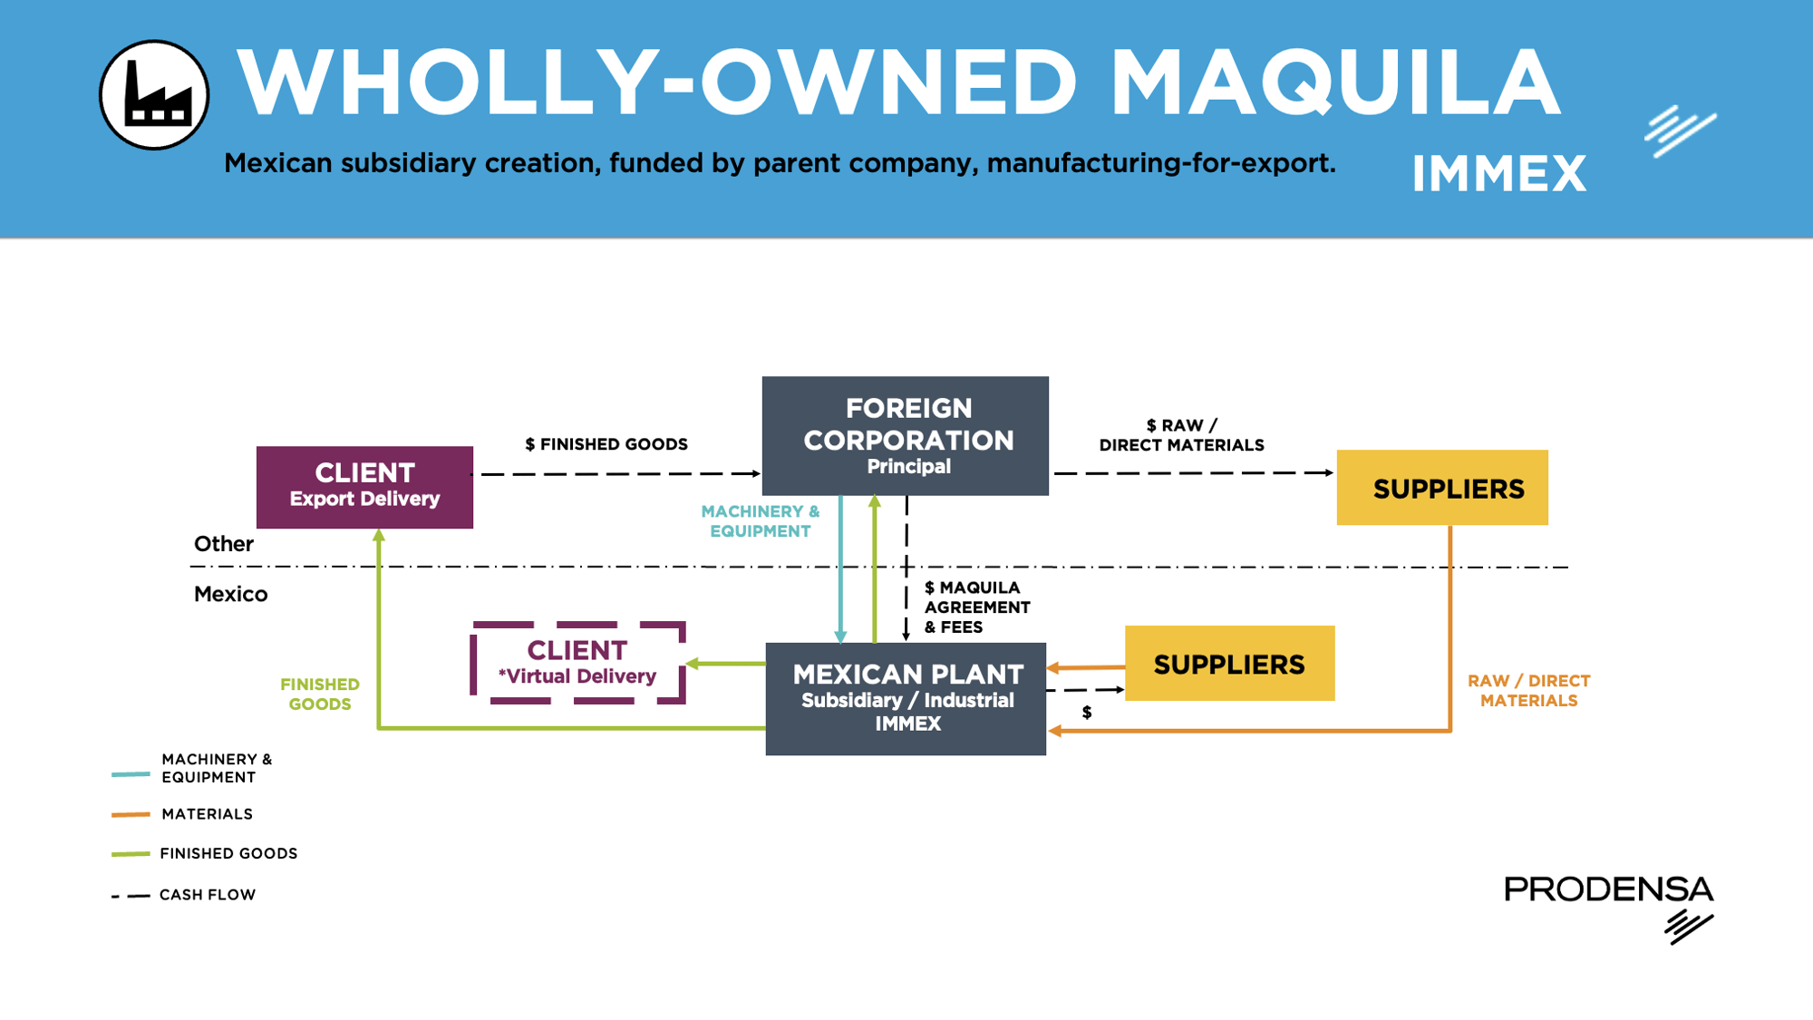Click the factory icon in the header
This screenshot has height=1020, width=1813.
[x=154, y=95]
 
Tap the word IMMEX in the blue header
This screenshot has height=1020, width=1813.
[x=1498, y=174]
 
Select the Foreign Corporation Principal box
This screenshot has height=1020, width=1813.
[x=906, y=436]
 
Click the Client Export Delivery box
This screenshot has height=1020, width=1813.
[x=364, y=487]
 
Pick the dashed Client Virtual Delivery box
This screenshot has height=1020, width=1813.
[x=577, y=663]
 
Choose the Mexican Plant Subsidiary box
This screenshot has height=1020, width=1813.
[x=906, y=698]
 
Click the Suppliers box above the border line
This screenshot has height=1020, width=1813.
[x=1442, y=488]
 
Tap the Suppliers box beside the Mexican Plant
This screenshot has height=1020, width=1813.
[x=1229, y=664]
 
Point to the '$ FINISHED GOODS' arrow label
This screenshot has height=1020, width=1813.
[x=606, y=444]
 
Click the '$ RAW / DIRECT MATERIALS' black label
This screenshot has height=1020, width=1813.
[x=1181, y=435]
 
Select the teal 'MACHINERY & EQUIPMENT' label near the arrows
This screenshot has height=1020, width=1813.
[x=761, y=521]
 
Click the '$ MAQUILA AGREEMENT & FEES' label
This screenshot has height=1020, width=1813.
[x=976, y=607]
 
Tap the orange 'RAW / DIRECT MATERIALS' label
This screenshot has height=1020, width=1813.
[x=1528, y=691]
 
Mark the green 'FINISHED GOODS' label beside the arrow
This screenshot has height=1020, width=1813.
[x=320, y=695]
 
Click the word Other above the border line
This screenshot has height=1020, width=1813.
[x=224, y=544]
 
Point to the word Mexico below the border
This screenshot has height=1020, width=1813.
[x=231, y=595]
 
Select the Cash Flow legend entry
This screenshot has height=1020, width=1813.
[x=207, y=895]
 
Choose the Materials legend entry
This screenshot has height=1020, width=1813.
[x=207, y=814]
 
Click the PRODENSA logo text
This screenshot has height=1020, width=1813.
[x=1608, y=889]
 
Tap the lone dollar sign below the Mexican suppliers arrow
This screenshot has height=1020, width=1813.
[x=1087, y=713]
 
